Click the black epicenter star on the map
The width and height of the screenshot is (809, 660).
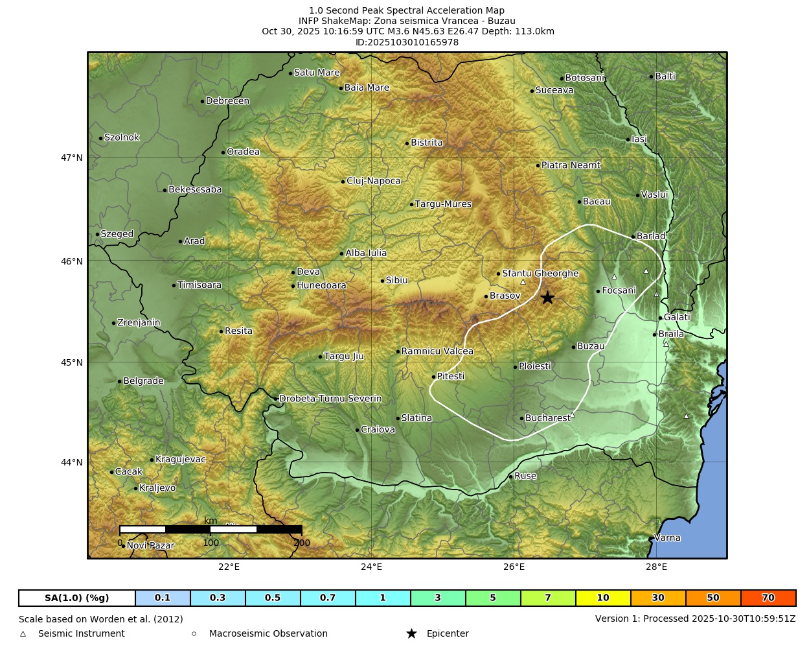[547, 298]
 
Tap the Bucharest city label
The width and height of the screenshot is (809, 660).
[547, 418]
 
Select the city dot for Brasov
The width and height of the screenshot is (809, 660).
[486, 296]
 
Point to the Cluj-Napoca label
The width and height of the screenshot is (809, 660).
[373, 181]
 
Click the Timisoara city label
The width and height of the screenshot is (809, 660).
[199, 285]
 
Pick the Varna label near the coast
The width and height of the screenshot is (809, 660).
[667, 537]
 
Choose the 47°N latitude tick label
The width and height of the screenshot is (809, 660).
[72, 158]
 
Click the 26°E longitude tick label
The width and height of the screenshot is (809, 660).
[514, 567]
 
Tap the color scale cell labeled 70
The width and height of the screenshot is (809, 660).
[768, 598]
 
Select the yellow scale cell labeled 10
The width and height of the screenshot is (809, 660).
[603, 598]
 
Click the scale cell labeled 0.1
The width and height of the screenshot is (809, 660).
[163, 598]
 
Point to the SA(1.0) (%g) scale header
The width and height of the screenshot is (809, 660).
[77, 598]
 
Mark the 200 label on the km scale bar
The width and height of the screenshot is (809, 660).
[302, 543]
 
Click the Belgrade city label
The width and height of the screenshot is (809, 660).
[143, 381]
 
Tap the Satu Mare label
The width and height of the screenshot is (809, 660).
[317, 73]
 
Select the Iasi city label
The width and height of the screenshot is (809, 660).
[639, 139]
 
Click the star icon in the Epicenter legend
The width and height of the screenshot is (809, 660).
[411, 633]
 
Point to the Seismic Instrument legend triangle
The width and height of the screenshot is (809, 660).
[23, 634]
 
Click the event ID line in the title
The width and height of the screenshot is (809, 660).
[407, 42]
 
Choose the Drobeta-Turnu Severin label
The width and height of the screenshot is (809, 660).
[330, 399]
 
